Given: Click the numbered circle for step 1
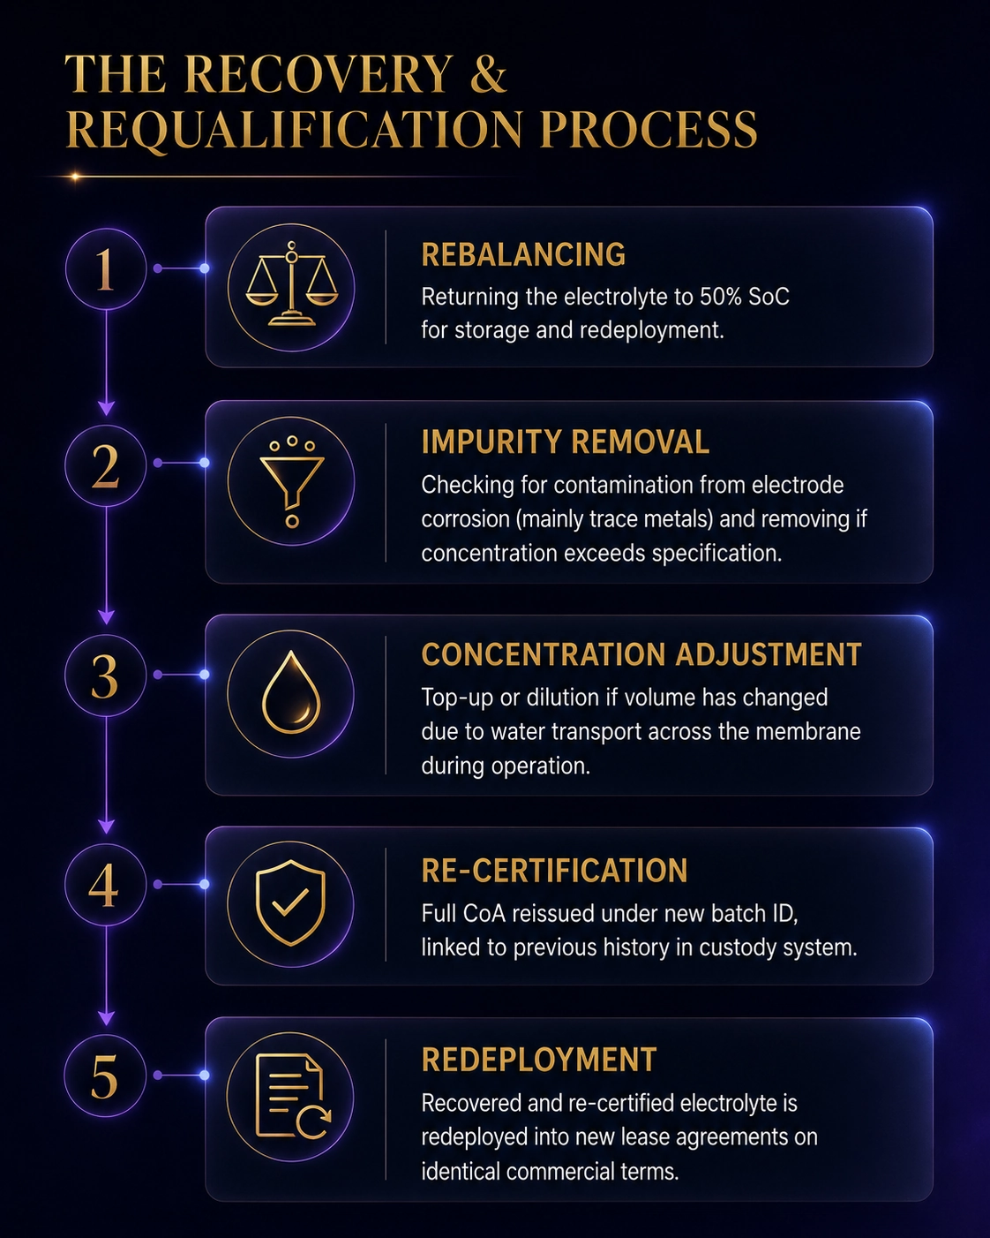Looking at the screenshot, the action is point(106,269).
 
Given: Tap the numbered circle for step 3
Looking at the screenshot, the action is point(106,676).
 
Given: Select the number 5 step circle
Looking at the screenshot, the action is point(105,1076).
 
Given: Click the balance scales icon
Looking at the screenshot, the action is point(291,284).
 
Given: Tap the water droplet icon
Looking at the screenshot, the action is point(291,692).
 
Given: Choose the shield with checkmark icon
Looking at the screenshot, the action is point(290,903).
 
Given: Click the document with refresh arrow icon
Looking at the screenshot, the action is point(293,1097).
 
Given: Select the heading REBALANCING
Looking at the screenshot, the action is point(523,254).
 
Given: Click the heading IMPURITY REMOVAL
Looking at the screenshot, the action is point(565,442).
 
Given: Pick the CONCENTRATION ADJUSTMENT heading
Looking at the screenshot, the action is point(641,654).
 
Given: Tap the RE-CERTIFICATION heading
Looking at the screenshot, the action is point(554,871).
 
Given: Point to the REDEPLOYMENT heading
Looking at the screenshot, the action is point(539,1059).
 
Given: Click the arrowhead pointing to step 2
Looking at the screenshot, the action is point(106,409).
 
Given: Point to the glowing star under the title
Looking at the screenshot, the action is point(75,177).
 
